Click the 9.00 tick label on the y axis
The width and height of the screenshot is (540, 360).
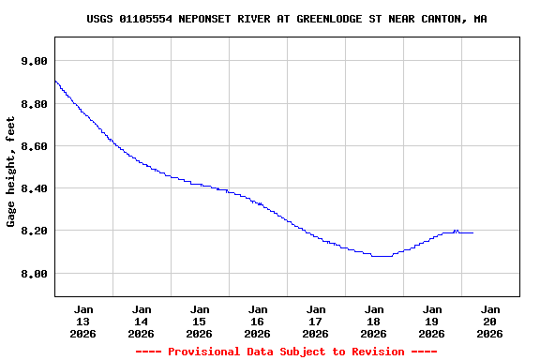(34, 61)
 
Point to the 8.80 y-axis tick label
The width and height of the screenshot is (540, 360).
(34, 103)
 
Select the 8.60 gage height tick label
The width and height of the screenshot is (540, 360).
(34, 146)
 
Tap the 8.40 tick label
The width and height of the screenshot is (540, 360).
(34, 188)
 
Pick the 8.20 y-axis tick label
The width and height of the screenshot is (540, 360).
(34, 231)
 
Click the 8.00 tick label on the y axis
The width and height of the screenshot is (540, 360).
(34, 274)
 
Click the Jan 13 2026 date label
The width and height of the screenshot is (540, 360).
(83, 321)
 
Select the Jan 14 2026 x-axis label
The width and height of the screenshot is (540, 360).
(142, 321)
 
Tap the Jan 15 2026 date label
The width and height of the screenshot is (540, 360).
(200, 321)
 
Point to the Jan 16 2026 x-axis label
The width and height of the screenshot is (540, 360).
(258, 321)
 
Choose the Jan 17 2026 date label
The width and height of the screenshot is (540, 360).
(316, 321)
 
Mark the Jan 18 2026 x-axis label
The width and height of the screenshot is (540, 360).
(374, 321)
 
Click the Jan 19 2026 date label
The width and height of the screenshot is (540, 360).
(432, 321)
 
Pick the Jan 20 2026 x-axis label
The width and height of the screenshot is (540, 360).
(490, 321)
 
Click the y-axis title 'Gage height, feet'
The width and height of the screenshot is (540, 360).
(11, 172)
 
